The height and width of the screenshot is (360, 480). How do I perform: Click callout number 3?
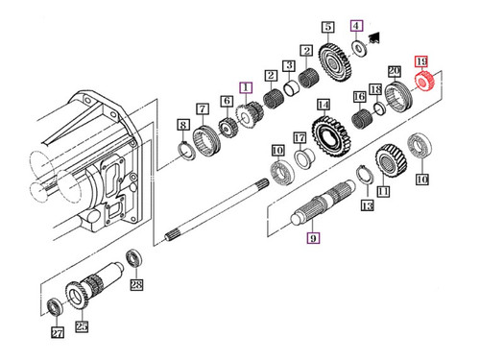(272, 74)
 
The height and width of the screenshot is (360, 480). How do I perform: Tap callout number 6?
(227, 101)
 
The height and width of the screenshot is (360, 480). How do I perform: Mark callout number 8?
(182, 125)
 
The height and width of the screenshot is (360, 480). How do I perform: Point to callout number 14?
(324, 105)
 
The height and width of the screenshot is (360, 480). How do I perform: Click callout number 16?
(358, 98)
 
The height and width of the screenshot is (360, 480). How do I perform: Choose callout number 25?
(82, 327)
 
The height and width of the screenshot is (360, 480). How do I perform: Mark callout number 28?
(136, 285)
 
